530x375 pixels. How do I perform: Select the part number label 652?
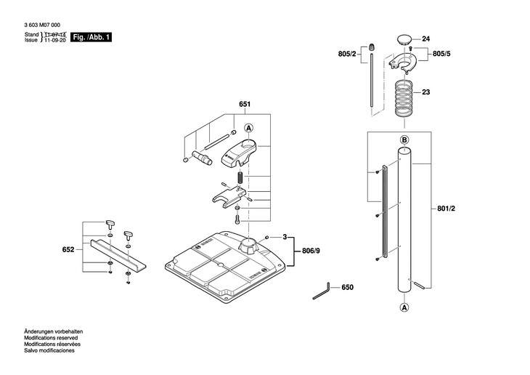point(68,250)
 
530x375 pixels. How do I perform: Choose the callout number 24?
point(426,39)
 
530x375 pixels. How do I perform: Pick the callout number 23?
point(426,92)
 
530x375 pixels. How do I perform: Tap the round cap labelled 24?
point(404,38)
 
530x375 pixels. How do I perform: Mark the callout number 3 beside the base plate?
point(285,237)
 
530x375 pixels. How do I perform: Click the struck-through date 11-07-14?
point(54,34)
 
